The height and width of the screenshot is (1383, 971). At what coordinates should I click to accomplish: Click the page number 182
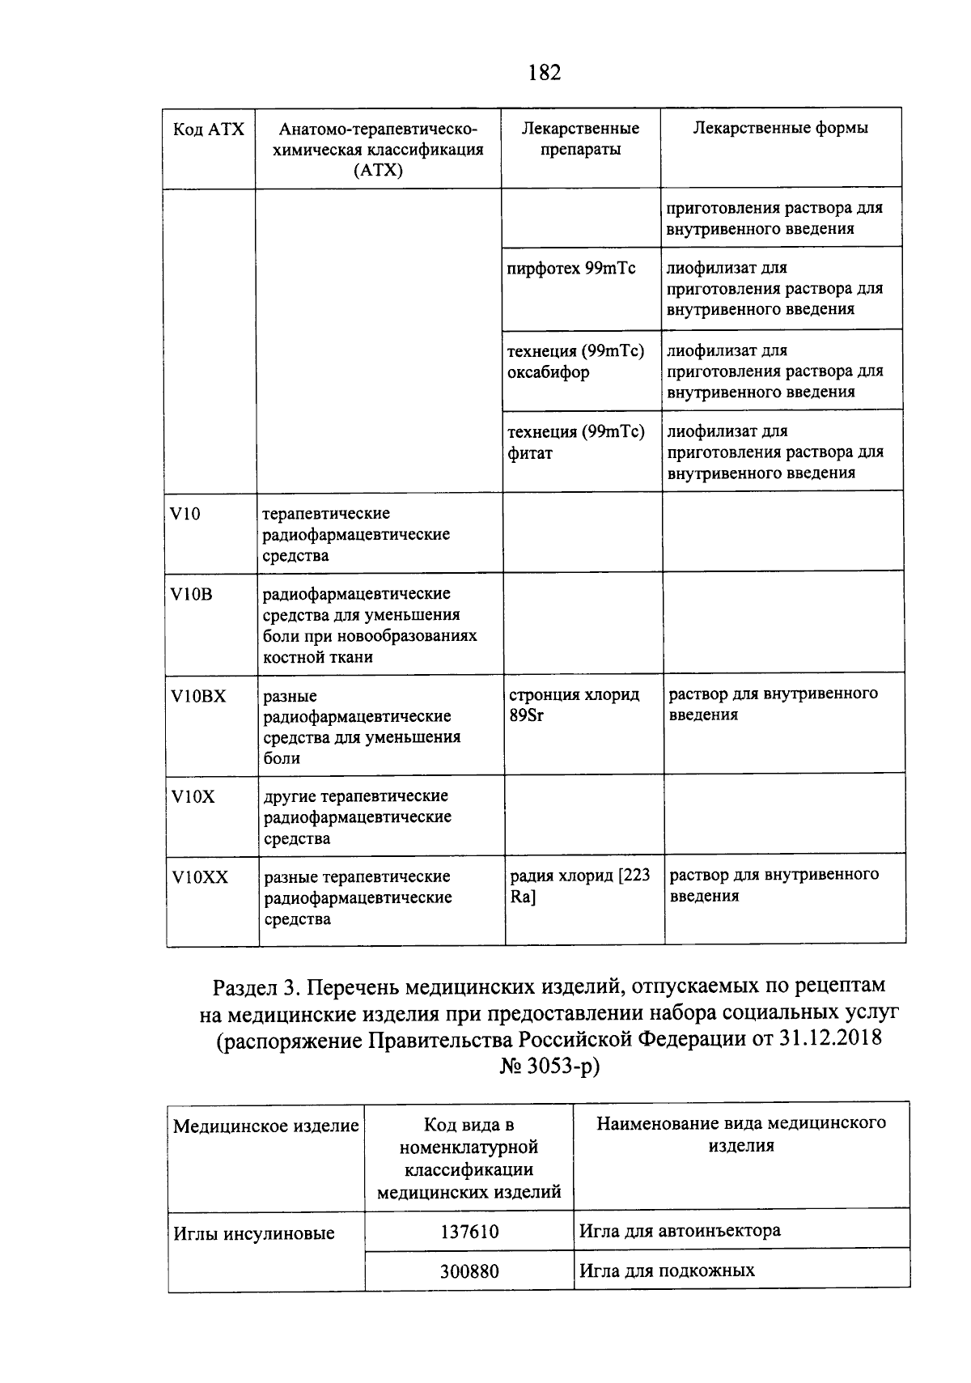pos(544,74)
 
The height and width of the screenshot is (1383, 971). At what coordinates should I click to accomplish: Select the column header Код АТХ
pos(209,129)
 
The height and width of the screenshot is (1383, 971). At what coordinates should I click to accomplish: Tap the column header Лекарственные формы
pos(780,128)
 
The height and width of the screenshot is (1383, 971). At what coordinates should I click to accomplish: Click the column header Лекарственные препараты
pos(580,138)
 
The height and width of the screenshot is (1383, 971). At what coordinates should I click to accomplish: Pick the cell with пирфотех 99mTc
pos(571,269)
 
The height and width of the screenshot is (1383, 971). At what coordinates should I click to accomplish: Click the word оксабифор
pos(548,372)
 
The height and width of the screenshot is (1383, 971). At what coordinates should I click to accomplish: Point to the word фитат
pos(530,453)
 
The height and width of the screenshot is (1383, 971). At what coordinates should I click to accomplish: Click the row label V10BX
pos(198,696)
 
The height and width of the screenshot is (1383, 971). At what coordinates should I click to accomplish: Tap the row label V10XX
pos(200,877)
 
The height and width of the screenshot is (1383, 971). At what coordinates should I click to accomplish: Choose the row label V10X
pos(193,796)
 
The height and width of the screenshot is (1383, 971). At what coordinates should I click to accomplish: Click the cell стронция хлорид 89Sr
pos(575,705)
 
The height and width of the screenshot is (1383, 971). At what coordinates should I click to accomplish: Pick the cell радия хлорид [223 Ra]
pos(580,885)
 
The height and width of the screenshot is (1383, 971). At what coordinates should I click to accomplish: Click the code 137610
pos(469,1232)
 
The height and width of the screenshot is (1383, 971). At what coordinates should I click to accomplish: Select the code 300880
pos(469,1271)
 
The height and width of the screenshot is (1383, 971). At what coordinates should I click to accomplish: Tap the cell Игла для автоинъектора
pos(680,1231)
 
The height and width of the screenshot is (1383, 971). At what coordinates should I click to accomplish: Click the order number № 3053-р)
pos(550,1067)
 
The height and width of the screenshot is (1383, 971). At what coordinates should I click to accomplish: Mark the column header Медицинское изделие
pos(266,1126)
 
